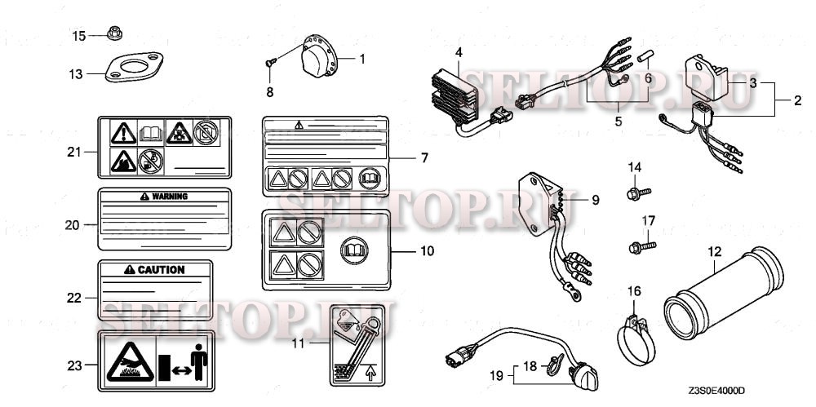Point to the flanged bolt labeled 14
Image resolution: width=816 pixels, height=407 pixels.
click(636, 193)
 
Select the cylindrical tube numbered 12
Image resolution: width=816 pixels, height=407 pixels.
click(716, 297)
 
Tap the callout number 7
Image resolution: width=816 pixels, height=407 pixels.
click(424, 157)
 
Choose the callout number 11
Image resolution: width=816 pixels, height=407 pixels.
click(299, 343)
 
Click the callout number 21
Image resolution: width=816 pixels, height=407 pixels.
click(75, 152)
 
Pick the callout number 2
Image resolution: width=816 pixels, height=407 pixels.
click(798, 101)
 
